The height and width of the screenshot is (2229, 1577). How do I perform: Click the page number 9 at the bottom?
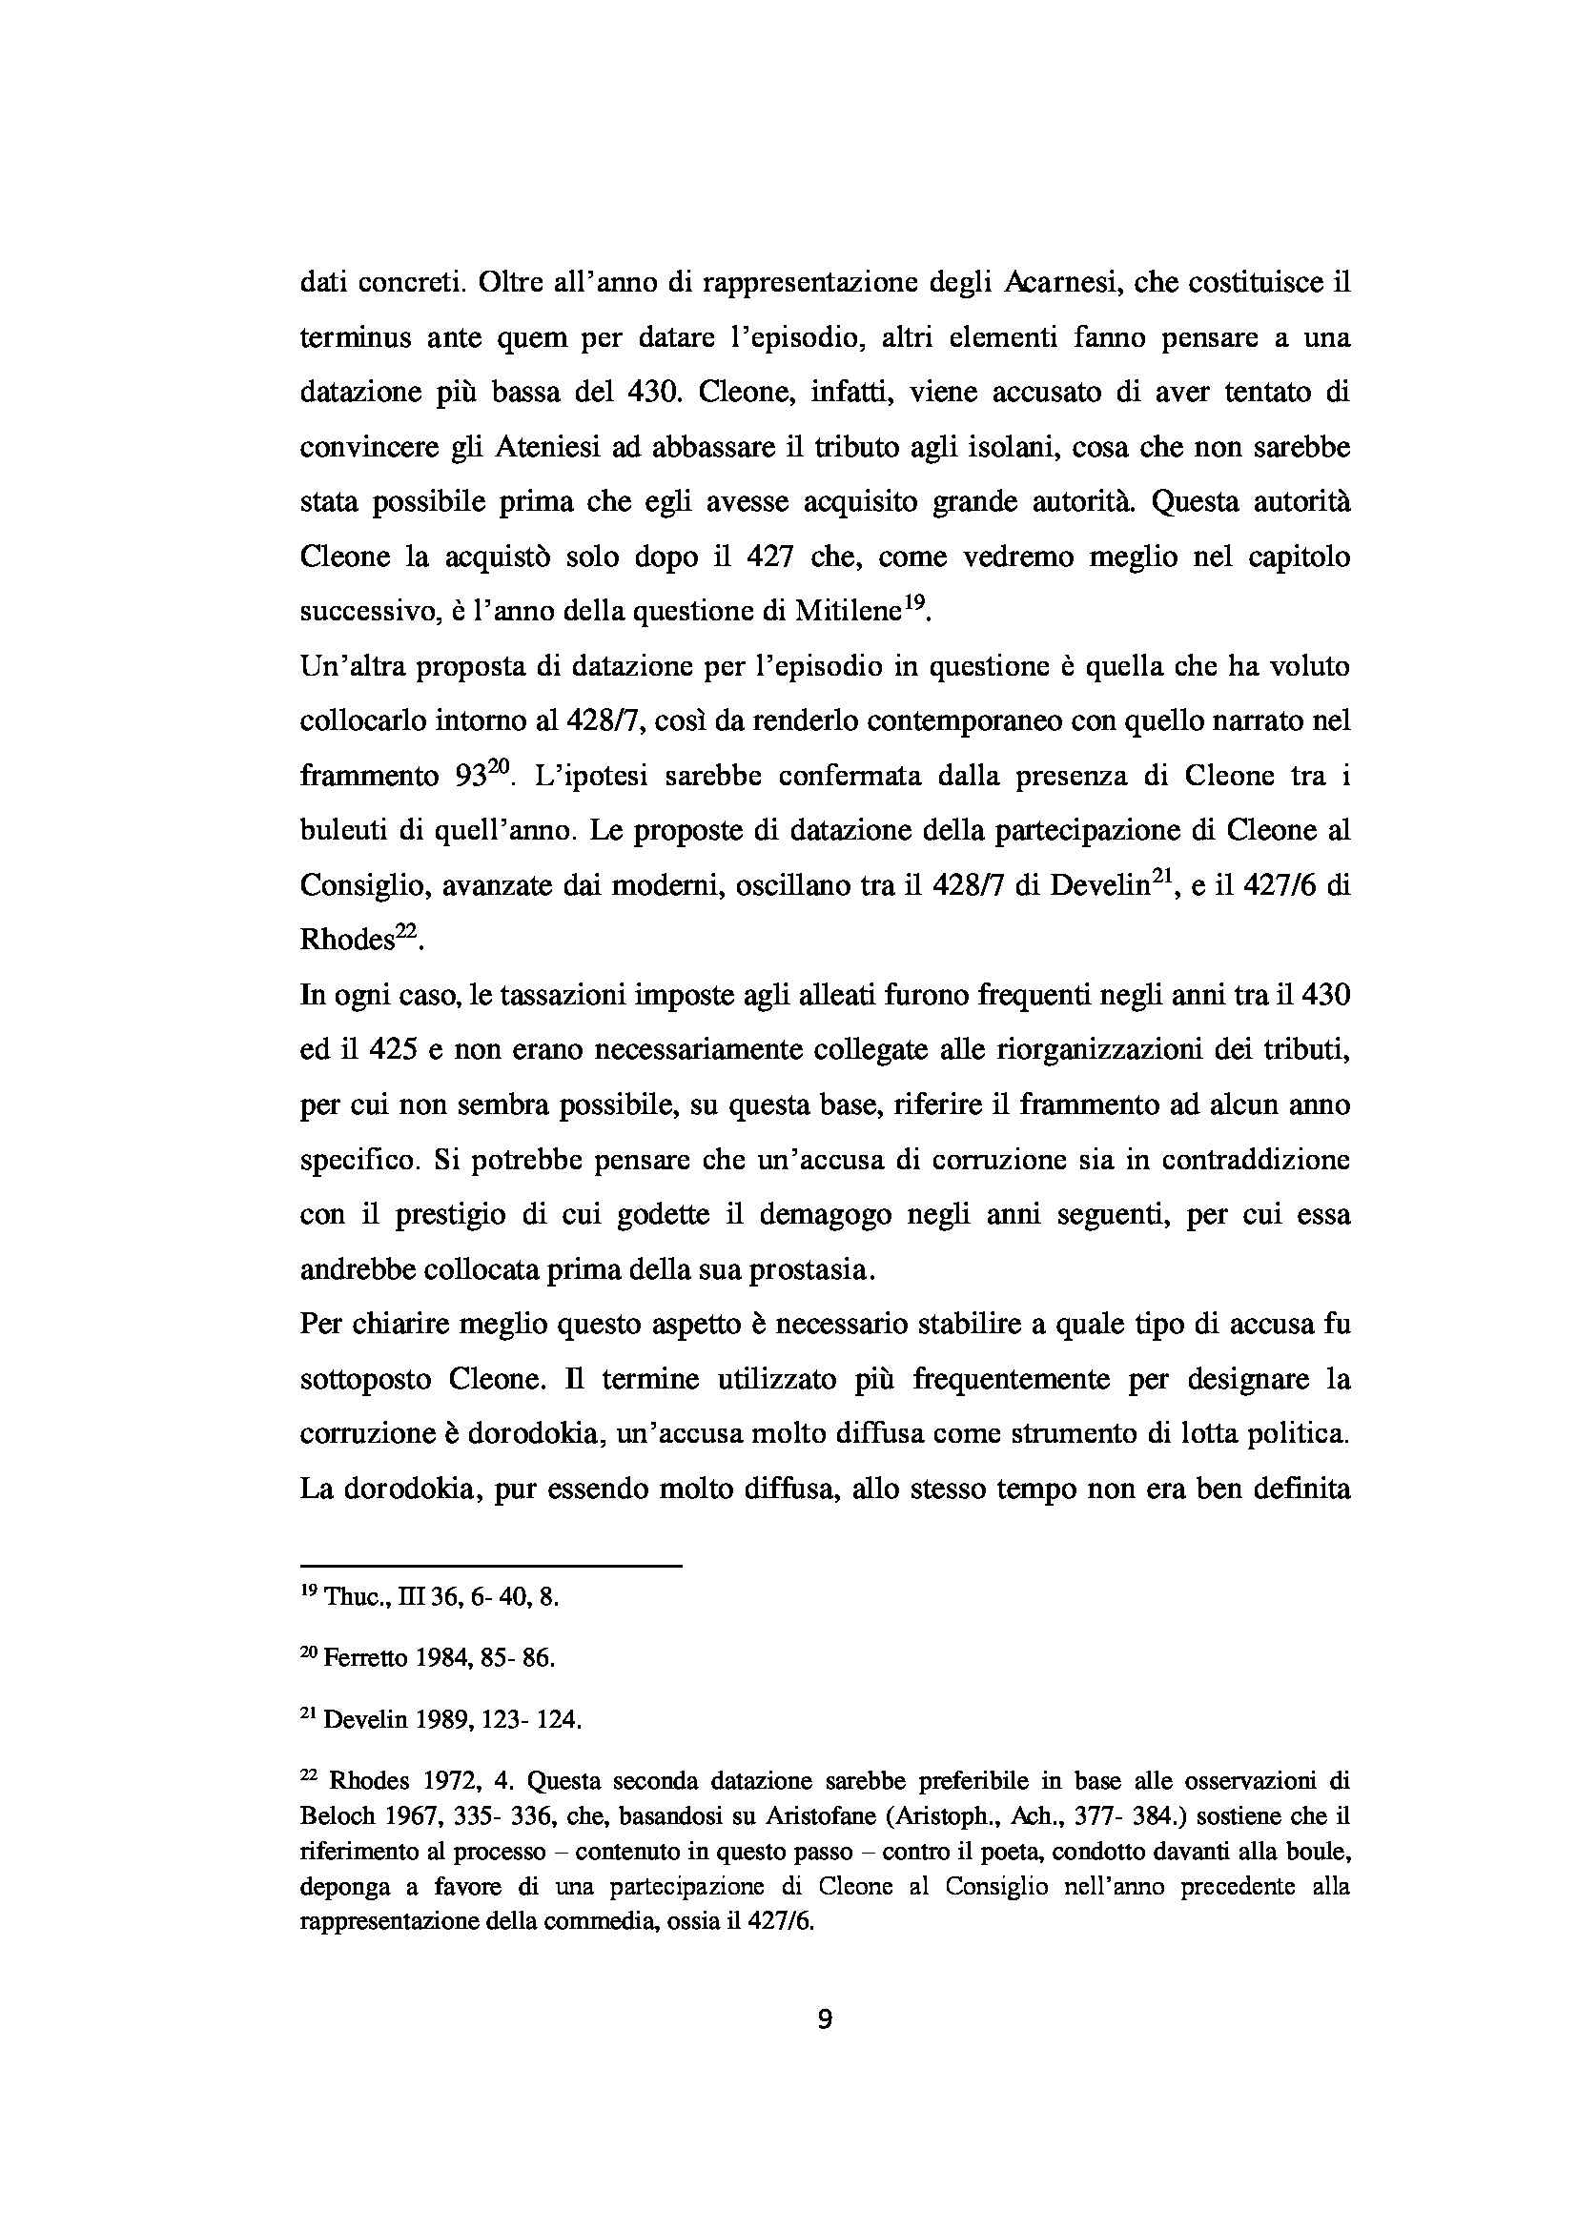click(x=825, y=2018)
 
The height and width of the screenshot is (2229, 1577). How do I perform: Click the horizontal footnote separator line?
click(x=491, y=1565)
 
